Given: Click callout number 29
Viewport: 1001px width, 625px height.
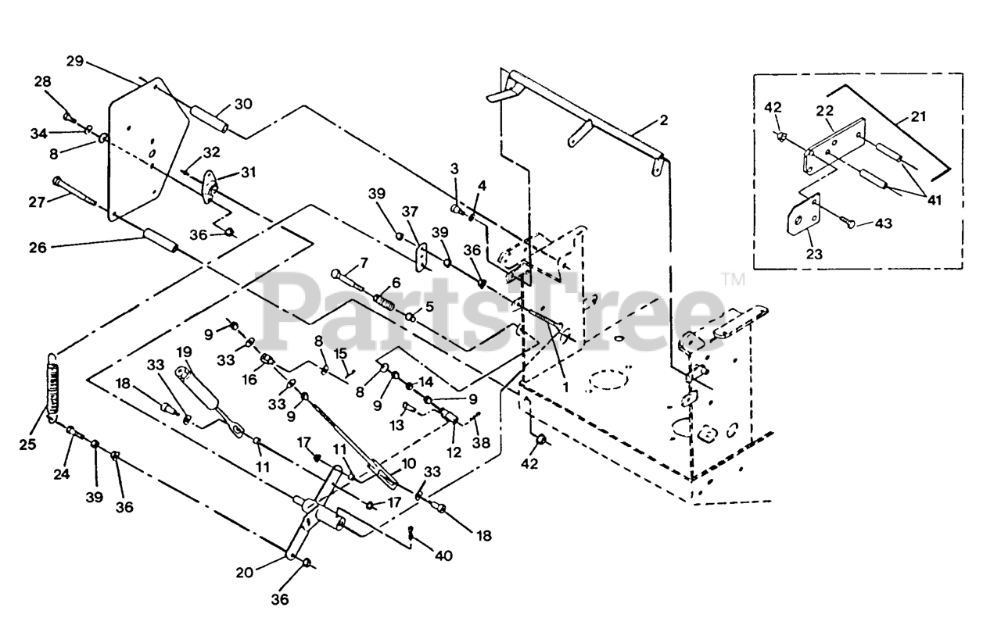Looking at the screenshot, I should tap(75, 61).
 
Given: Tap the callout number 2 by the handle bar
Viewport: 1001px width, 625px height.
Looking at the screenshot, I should tap(663, 120).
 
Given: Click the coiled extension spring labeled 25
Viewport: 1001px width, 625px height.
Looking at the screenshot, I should tap(54, 388).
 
